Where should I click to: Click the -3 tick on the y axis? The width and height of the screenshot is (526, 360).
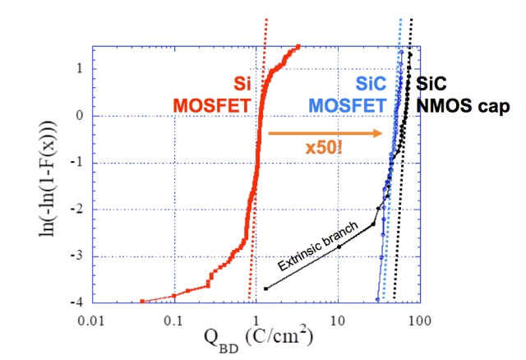79,256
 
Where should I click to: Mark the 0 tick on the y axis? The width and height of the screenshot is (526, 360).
81,116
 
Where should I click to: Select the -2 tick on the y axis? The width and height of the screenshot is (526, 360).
79,210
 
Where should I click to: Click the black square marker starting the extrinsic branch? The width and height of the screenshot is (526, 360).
266,288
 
